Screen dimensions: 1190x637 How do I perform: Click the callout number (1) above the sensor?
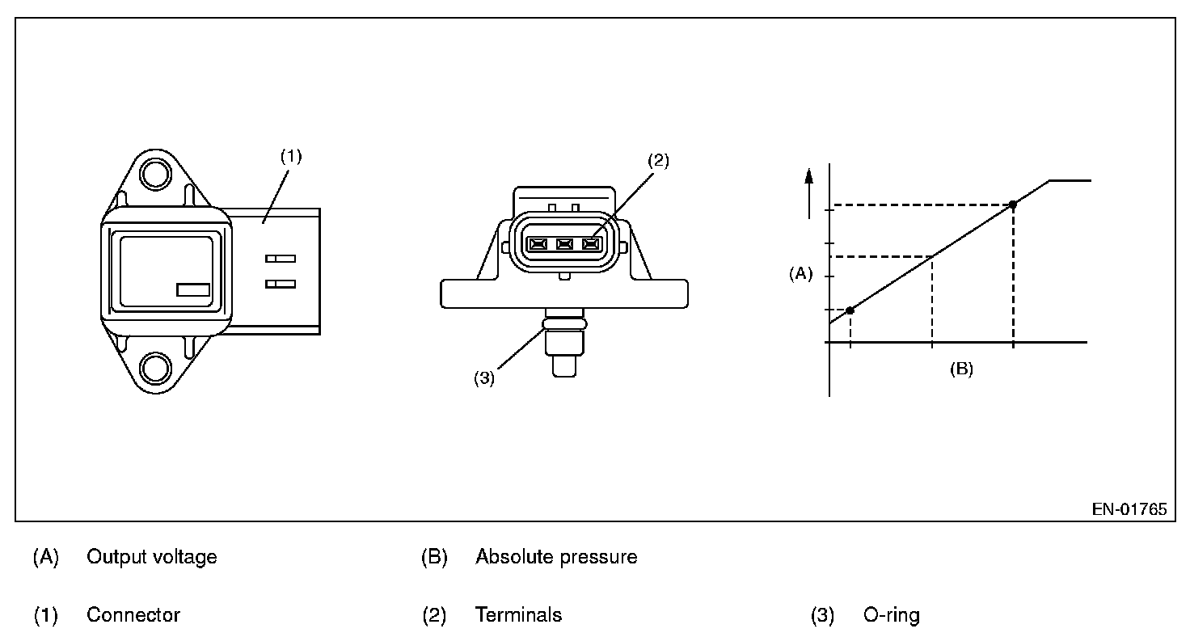[x=291, y=156]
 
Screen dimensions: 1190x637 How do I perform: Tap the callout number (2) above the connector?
[x=658, y=160]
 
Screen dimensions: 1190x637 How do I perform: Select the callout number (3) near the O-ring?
[x=484, y=378]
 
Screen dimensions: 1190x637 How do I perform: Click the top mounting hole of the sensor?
[x=156, y=174]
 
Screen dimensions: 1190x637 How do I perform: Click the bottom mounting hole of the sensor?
[x=156, y=368]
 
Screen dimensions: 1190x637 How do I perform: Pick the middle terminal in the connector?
[x=564, y=244]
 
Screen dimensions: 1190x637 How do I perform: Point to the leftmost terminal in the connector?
[x=538, y=244]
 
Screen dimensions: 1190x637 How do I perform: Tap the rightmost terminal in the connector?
[x=591, y=244]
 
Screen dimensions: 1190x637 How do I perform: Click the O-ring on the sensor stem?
[x=564, y=323]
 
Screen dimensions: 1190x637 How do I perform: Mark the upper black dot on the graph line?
[x=1013, y=205]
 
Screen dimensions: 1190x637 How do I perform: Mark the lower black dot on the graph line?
[x=850, y=310]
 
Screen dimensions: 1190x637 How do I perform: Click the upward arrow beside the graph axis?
[x=809, y=193]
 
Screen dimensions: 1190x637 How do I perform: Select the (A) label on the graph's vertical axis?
[x=800, y=274]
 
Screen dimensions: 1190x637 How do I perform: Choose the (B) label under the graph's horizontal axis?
[x=961, y=369]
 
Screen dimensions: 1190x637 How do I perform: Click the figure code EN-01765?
[x=1129, y=509]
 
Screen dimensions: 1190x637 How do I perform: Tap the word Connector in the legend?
[x=133, y=614]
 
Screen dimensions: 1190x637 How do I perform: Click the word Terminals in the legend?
[x=518, y=614]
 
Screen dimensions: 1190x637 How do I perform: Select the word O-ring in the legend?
[x=892, y=615]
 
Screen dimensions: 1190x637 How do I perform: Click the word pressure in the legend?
[x=599, y=557]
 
